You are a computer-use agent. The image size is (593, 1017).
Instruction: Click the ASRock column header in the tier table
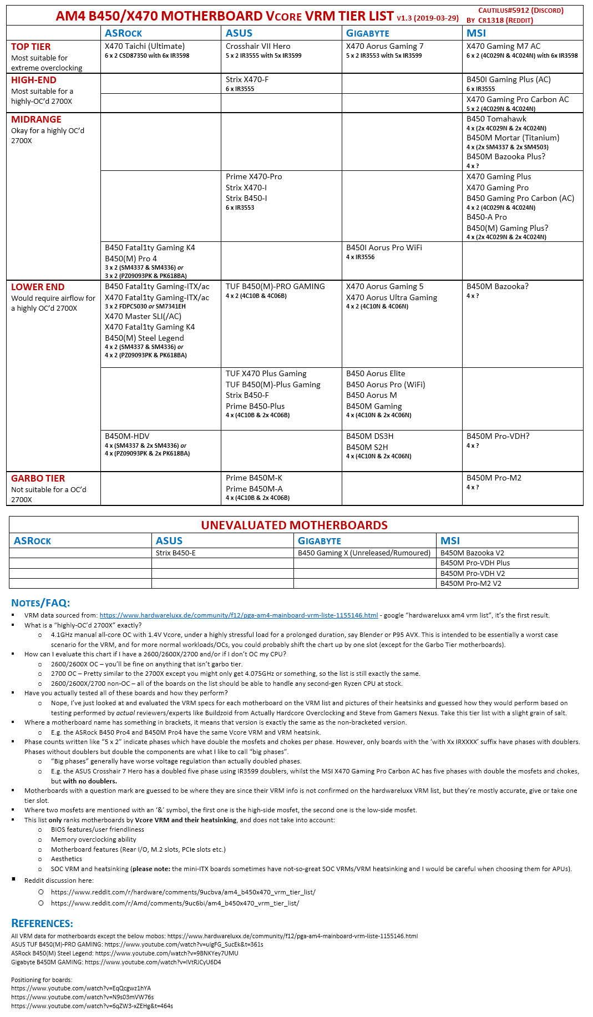[123, 33]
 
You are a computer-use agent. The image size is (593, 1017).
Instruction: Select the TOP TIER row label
[31, 47]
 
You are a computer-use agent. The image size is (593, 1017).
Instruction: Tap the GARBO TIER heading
[38, 478]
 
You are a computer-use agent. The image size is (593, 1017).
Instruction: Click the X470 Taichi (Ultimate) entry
[145, 46]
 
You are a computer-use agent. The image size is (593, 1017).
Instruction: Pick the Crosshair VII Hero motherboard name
[258, 46]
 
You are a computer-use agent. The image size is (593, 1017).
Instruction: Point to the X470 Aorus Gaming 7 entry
[384, 46]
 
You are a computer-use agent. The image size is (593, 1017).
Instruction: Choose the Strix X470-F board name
[247, 79]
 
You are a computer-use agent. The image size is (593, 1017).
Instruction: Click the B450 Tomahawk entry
[496, 119]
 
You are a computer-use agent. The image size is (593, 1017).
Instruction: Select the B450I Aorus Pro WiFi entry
[384, 247]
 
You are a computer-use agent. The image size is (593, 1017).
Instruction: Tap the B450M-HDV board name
[127, 436]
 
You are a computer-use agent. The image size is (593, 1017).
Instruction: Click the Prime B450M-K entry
[254, 478]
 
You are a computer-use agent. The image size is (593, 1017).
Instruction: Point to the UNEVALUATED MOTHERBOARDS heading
[294, 525]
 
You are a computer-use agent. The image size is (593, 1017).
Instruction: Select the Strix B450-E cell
[176, 553]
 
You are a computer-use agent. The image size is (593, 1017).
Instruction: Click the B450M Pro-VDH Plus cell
[475, 563]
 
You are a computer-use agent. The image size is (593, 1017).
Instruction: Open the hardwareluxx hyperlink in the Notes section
[239, 615]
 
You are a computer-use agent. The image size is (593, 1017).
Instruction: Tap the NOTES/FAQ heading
[40, 603]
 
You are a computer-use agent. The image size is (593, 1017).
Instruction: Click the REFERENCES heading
[42, 923]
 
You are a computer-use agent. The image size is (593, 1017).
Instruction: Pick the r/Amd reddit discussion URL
[175, 903]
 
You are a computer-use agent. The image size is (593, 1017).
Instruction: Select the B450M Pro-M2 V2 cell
[471, 583]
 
